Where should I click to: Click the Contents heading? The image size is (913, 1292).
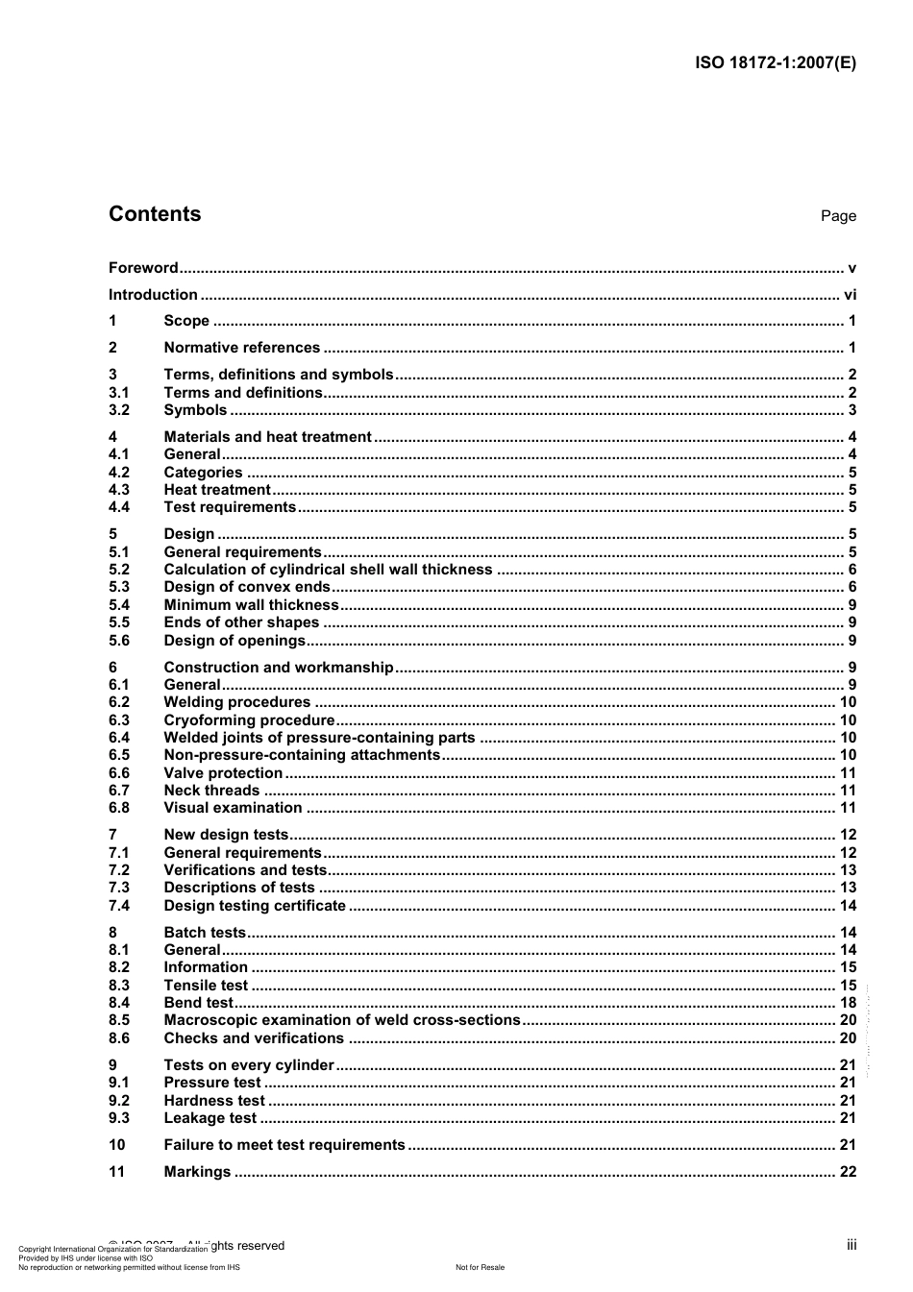point(155,214)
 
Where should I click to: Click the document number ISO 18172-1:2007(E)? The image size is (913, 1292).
point(775,63)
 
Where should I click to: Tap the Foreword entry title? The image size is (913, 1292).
point(143,268)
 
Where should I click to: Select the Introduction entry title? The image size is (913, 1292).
point(153,295)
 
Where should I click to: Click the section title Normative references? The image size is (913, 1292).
point(241,348)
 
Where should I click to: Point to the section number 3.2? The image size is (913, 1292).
point(119,410)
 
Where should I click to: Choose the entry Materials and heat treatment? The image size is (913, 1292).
point(267,437)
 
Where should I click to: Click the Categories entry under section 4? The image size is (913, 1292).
point(203,473)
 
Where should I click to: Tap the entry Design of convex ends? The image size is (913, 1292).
point(247,587)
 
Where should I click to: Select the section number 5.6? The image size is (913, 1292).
point(119,641)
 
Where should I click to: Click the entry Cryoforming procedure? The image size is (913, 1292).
point(249,720)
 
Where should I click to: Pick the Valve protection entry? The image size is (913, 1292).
point(223,773)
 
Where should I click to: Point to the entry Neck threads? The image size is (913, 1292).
point(211,791)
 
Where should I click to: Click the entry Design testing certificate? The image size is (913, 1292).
point(255,906)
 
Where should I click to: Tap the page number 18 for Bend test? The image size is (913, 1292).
point(848,1003)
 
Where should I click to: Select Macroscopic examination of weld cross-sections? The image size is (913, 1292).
point(342,1020)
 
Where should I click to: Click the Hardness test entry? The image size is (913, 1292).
point(214,1101)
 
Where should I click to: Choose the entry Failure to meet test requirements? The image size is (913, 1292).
point(284,1145)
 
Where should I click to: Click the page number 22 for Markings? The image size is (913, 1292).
point(848,1172)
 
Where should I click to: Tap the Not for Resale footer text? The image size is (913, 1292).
point(480,1267)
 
